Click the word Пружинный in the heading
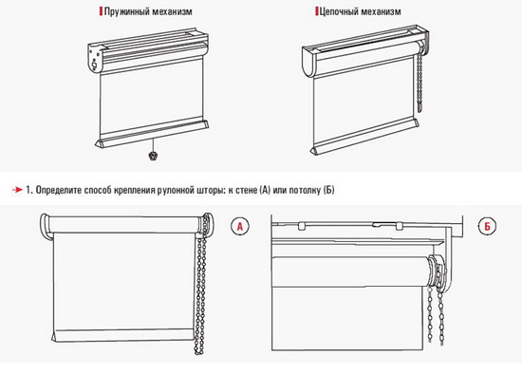coord(127,11)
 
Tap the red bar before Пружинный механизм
coord(101,11)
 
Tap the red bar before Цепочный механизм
coord(317,11)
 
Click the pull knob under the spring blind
coord(153,156)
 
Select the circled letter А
coord(240,227)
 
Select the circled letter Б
coord(488,227)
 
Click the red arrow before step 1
coord(17,190)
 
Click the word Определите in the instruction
coord(59,190)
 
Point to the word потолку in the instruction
coord(305,190)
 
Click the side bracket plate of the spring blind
coord(95,57)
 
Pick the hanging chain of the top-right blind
coord(419,84)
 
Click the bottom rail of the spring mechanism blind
coord(152,133)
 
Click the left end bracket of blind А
coord(46,227)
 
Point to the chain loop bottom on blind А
coord(198,351)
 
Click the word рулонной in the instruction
coord(176,190)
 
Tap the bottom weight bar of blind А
coord(122,336)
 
